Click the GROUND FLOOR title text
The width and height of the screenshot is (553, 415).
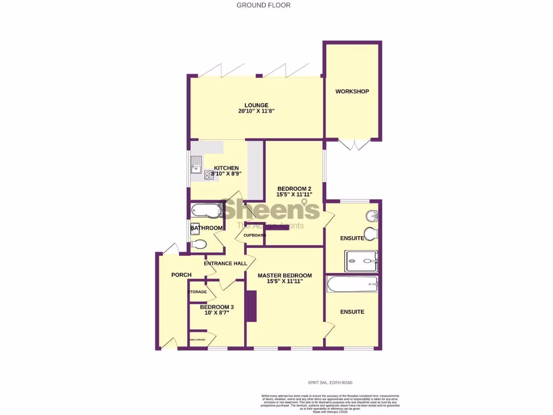click(264, 5)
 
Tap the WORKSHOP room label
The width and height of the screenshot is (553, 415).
click(352, 91)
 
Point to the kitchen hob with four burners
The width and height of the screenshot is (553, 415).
click(208, 175)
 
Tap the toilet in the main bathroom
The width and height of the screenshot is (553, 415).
click(199, 244)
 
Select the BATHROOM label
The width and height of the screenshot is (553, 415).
click(206, 228)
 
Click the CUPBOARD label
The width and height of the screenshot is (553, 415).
click(254, 236)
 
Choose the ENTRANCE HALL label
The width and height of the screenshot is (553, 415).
click(225, 264)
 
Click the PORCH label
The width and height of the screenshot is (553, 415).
click(181, 275)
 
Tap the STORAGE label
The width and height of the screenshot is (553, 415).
click(197, 292)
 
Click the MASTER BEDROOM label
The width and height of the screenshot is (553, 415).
click(285, 276)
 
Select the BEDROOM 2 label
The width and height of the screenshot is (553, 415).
click(294, 189)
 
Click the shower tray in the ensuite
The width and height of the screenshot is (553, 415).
click(361, 262)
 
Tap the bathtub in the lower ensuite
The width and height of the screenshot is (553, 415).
click(352, 284)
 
